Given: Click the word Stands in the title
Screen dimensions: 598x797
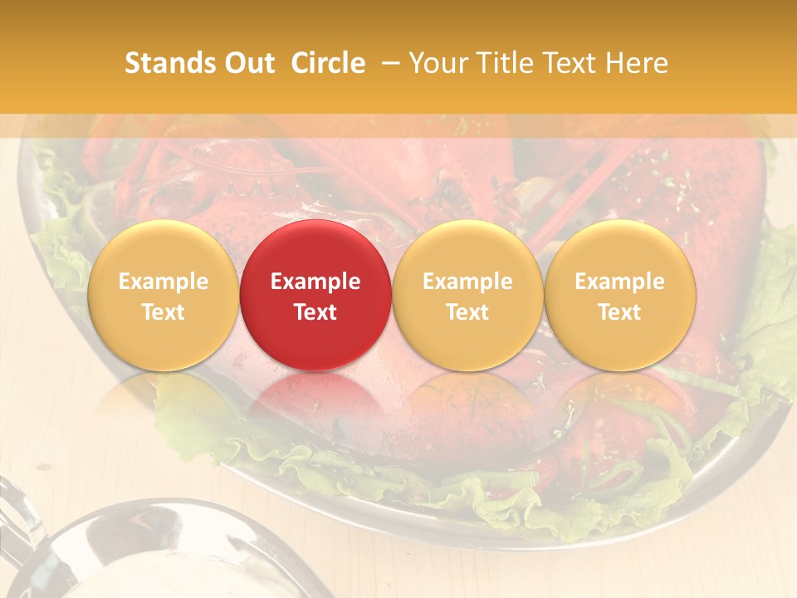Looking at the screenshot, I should coord(169,63).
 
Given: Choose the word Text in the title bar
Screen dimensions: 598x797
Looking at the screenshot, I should coord(573,63).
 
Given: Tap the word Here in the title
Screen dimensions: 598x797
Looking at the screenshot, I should coord(638,63).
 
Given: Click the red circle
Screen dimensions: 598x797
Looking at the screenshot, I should coord(315,295).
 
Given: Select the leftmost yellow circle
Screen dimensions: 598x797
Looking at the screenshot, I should coord(163,295).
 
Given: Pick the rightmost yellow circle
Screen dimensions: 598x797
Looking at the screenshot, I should coord(620,295).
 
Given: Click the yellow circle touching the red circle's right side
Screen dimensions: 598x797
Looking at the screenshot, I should coord(467,295).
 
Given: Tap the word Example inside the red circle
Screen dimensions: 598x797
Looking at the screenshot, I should coord(315,282).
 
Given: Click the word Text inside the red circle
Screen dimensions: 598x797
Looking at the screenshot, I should coord(315,312).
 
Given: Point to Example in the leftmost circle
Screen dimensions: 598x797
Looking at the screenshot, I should coord(163,282).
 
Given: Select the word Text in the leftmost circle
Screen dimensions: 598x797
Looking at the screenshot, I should coord(163,312).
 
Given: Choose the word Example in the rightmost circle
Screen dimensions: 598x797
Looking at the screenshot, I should coord(620,282).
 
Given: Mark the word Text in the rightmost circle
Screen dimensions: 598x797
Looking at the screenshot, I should coord(620,312).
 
